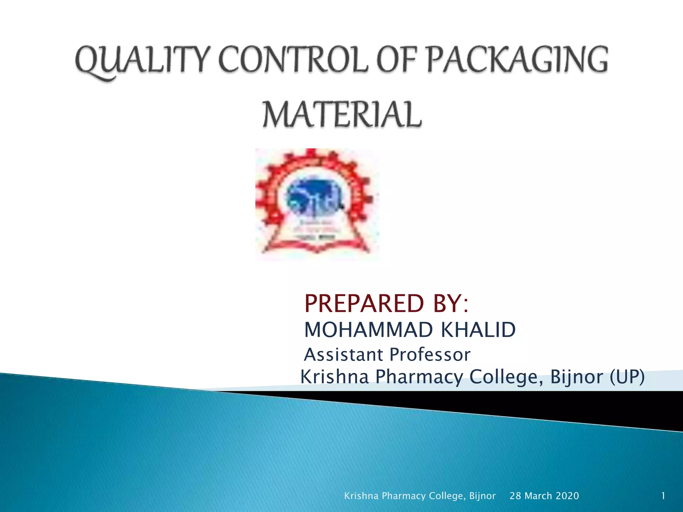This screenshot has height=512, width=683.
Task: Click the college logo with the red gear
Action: pyautogui.click(x=317, y=204)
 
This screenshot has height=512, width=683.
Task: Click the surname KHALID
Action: pyautogui.click(x=478, y=330)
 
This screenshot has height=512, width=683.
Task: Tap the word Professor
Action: pyautogui.click(x=430, y=354)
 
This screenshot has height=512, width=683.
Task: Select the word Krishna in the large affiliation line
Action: pyautogui.click(x=334, y=377)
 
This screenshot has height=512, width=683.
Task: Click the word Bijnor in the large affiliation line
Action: pyautogui.click(x=576, y=377)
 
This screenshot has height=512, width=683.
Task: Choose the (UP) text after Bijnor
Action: pyautogui.click(x=627, y=377)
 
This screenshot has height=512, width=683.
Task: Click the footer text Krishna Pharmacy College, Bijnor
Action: pyautogui.click(x=420, y=496)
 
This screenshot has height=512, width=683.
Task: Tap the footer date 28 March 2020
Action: pyautogui.click(x=544, y=496)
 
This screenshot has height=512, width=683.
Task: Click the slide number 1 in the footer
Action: pyautogui.click(x=663, y=496)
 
